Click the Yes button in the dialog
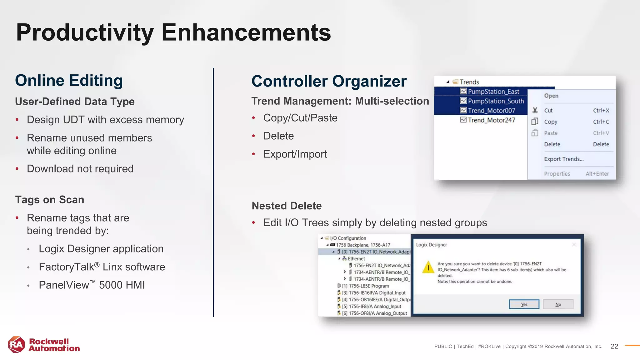click(x=524, y=304)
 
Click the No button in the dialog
click(x=558, y=304)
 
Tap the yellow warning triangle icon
click(x=428, y=268)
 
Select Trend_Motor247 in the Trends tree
click(x=491, y=120)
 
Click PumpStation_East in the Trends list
click(x=493, y=92)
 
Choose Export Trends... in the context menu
click(x=563, y=159)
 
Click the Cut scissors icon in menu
click(x=535, y=110)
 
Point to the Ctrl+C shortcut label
click(x=601, y=122)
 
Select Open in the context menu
click(x=551, y=96)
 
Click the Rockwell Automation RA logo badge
click(x=17, y=344)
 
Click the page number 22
click(x=614, y=346)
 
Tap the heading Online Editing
click(x=69, y=81)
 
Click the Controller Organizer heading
click(x=329, y=81)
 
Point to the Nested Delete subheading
click(x=287, y=206)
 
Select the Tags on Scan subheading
click(x=50, y=200)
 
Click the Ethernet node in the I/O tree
click(x=356, y=259)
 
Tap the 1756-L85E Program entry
click(x=368, y=286)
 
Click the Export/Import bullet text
click(x=295, y=154)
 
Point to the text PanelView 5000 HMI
click(x=92, y=285)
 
